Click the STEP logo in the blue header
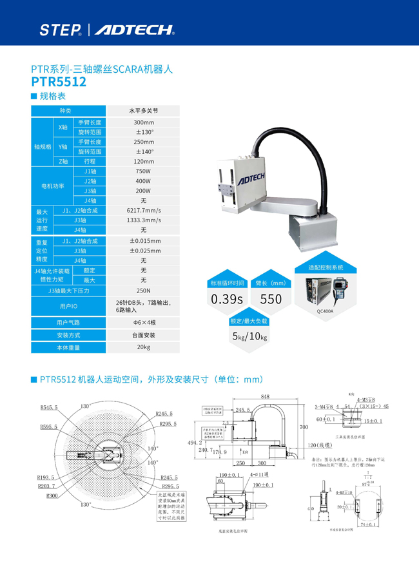(60, 30)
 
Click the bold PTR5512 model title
(59, 82)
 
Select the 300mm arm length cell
(143, 122)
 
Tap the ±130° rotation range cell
(143, 132)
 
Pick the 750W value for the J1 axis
(143, 171)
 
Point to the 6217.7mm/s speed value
(143, 211)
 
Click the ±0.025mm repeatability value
(143, 251)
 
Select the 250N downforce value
(143, 291)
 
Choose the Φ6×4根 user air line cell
(143, 322)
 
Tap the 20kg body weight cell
(143, 347)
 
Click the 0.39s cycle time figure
(227, 299)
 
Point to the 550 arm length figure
(271, 299)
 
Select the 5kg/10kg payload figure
(249, 336)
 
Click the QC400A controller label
(325, 310)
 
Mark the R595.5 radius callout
(49, 427)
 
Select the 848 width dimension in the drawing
(265, 397)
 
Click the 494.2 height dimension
(195, 443)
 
